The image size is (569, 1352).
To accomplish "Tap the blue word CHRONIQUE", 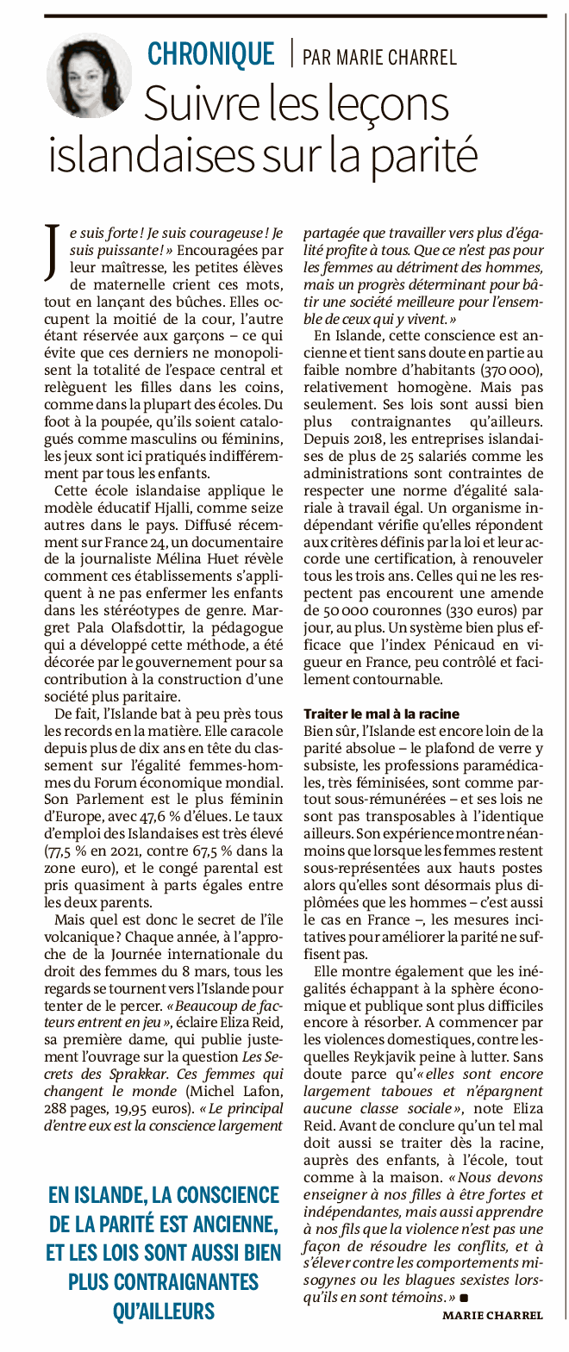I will point(210,54).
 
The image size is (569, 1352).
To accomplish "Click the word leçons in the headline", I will point(388,105).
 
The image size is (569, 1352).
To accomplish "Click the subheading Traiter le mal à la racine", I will point(381,714).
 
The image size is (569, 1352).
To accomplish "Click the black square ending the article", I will point(463,1296).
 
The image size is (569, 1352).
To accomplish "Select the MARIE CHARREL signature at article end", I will point(492,1315).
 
